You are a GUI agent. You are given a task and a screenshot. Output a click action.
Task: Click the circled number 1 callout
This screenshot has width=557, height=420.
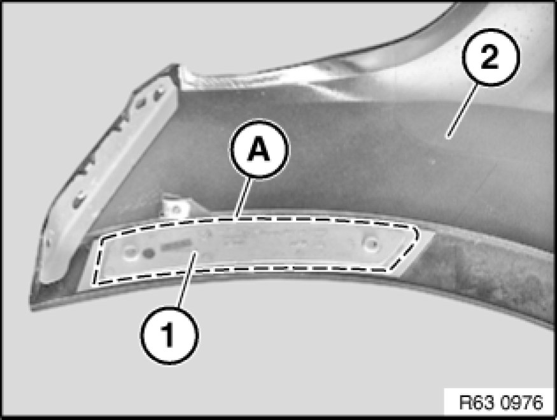pyautogui.click(x=169, y=335)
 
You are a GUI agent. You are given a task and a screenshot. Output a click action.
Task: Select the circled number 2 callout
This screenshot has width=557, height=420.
pyautogui.click(x=491, y=57)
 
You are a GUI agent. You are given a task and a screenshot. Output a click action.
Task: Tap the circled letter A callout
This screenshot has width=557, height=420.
pyautogui.click(x=259, y=149)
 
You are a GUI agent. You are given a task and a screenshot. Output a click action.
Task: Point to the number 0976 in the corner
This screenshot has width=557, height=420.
pyautogui.click(x=522, y=403)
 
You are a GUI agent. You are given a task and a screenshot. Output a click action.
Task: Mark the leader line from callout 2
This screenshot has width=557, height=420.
pyautogui.click(x=462, y=111)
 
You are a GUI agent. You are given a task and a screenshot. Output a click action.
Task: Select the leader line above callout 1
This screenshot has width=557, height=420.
pyautogui.click(x=187, y=280)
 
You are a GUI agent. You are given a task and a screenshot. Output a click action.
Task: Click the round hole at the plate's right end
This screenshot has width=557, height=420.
pyautogui.click(x=371, y=243)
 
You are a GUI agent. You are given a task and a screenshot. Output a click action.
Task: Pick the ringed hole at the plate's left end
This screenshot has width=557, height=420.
pyautogui.click(x=130, y=253)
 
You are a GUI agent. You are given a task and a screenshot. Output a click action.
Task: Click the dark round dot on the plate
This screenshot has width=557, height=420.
pyautogui.click(x=149, y=253)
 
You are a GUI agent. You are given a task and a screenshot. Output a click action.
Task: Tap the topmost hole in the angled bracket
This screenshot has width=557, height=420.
pyautogui.click(x=160, y=92)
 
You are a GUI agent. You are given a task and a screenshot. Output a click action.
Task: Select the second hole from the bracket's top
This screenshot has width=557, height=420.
pyautogui.click(x=141, y=103)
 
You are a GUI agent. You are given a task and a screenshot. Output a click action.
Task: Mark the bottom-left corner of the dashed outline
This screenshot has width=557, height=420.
pyautogui.click(x=94, y=284)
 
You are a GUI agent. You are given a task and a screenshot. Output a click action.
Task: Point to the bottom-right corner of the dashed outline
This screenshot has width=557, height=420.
pyautogui.click(x=390, y=270)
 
